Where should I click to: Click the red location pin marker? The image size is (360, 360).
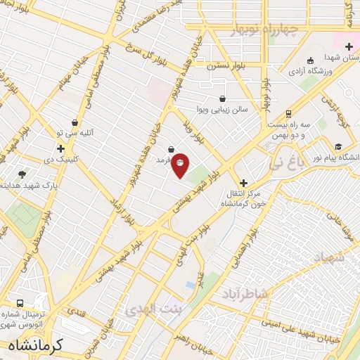[181, 165]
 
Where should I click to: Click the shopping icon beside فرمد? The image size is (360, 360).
[172, 149]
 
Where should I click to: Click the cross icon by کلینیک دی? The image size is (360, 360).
[61, 149]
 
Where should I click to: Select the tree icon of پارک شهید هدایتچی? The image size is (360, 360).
[22, 174]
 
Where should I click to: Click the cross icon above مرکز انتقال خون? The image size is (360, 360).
[244, 182]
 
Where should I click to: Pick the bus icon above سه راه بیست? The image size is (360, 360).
[288, 113]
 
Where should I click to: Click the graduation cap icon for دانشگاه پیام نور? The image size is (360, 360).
[339, 147]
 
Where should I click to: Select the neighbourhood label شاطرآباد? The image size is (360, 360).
[245, 293]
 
